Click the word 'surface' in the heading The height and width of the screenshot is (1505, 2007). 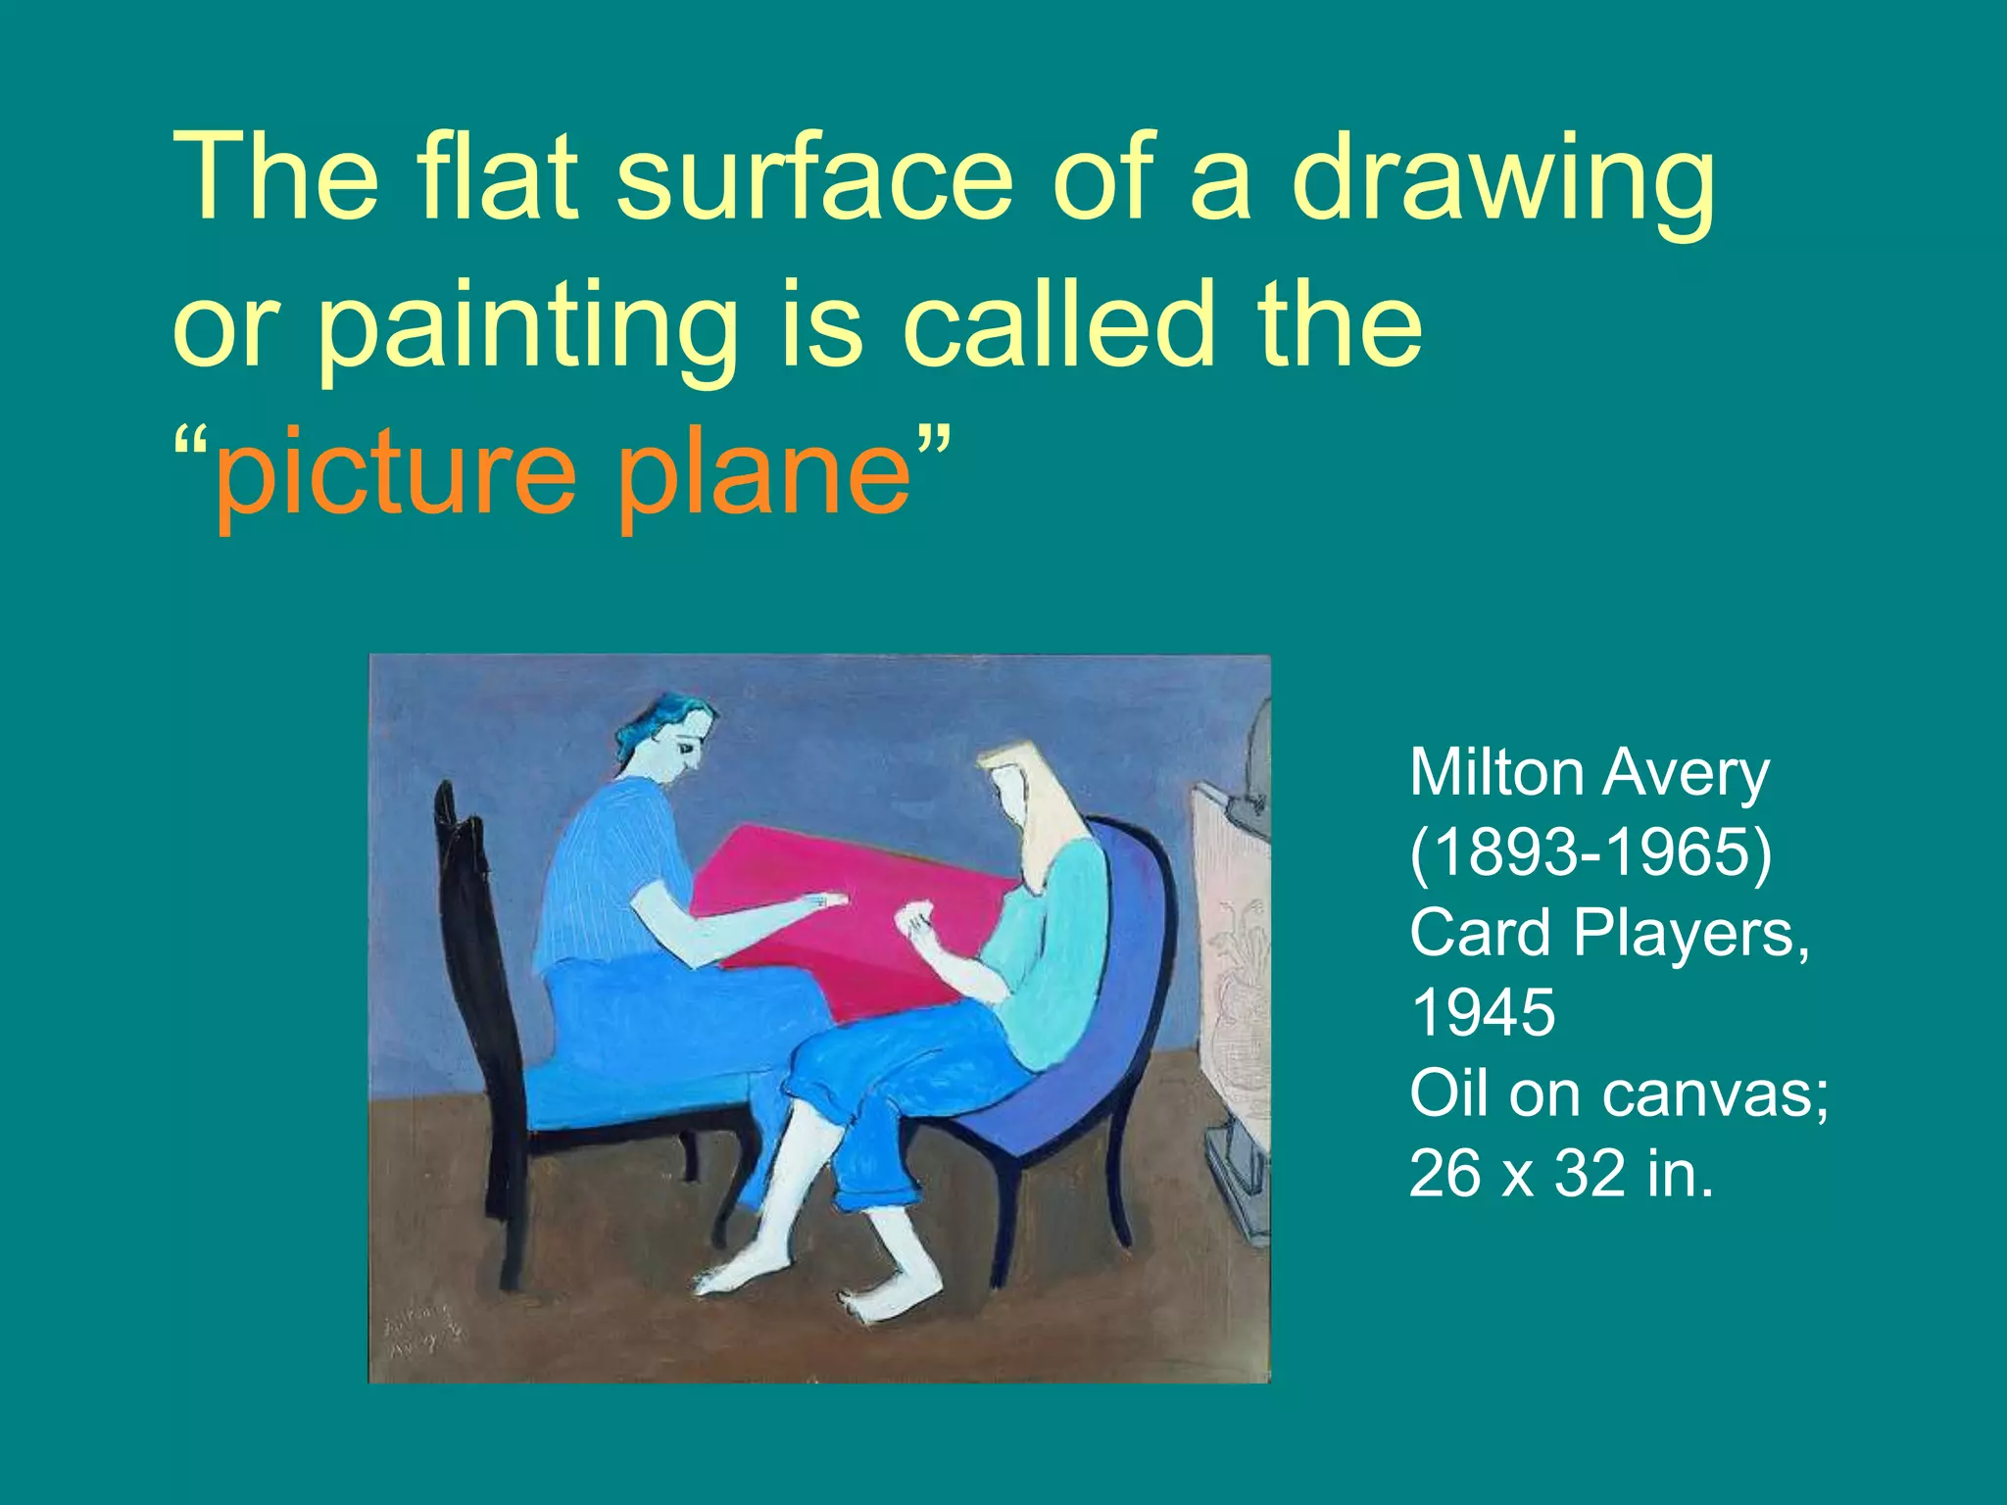(813, 178)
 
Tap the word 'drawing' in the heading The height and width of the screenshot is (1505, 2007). (1502, 181)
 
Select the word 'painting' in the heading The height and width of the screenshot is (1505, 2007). (529, 328)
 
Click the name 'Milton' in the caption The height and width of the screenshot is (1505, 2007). (1496, 773)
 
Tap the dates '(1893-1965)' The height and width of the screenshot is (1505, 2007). (1590, 852)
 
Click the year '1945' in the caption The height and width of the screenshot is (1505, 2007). (1482, 1012)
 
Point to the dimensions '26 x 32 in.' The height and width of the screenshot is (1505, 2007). (1561, 1173)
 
